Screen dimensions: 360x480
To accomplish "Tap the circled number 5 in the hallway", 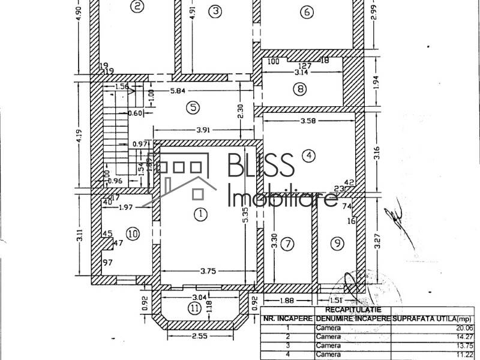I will coord(192,107).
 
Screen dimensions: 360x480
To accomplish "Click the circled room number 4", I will coord(308,155).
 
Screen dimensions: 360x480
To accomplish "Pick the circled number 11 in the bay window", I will coord(194,308).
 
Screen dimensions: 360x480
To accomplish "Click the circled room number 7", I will coord(289,244).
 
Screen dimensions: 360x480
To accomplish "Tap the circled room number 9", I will coord(337,243).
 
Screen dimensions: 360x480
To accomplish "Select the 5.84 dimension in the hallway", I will coord(177,91).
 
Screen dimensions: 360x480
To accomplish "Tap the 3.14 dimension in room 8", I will coord(300,72).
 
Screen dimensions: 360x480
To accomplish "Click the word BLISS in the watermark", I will coord(260,164).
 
